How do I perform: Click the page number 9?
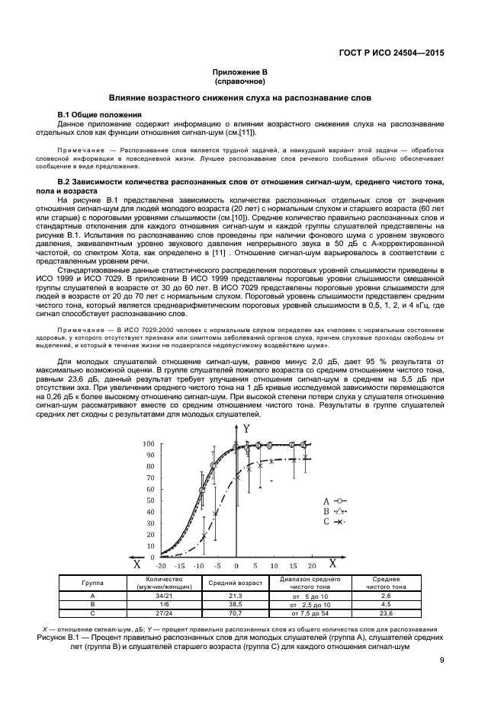click(x=441, y=660)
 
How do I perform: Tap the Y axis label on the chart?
click(x=246, y=429)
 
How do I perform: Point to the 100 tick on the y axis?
click(x=149, y=443)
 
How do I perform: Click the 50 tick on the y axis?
click(x=150, y=500)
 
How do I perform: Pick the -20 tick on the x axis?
click(x=160, y=566)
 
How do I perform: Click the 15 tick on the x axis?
click(x=294, y=566)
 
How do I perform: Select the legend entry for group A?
click(x=333, y=500)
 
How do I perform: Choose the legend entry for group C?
click(x=333, y=522)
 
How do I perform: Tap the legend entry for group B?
click(x=333, y=511)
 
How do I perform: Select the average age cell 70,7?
click(x=235, y=612)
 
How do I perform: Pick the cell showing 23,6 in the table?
click(x=386, y=612)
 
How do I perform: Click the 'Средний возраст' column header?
click(x=235, y=583)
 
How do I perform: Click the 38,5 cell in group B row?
click(x=235, y=604)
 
